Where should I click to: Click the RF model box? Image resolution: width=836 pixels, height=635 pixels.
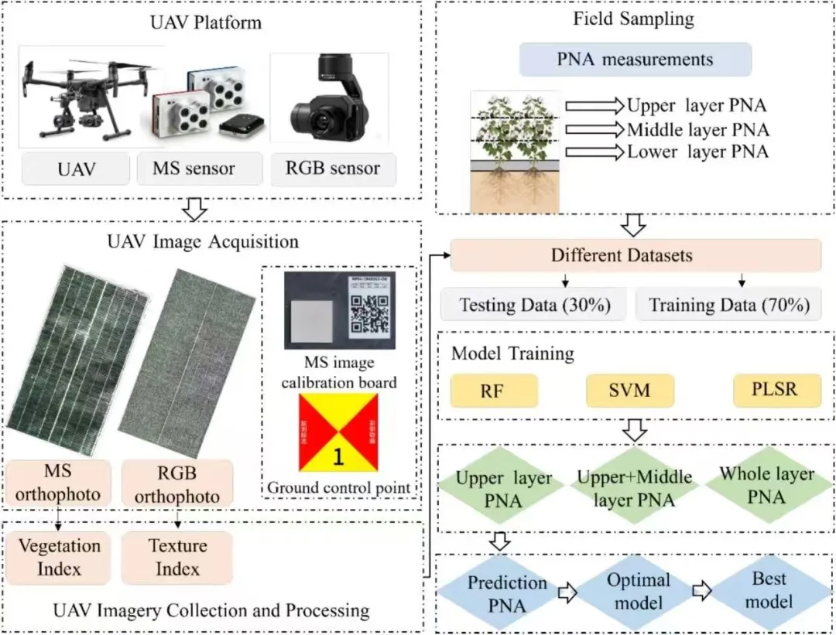click(x=494, y=391)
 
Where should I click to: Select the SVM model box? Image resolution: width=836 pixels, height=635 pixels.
click(x=629, y=391)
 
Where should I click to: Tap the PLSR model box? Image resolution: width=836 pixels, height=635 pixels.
click(x=776, y=391)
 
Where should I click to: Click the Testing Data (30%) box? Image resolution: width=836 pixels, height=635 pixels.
click(x=531, y=305)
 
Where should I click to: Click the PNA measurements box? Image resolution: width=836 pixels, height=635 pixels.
click(x=635, y=60)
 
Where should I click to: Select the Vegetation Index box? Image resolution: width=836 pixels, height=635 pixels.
click(x=60, y=557)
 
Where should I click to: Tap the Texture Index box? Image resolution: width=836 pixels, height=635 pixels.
click(x=177, y=557)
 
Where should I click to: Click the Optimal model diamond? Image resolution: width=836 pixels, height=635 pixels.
click(x=639, y=592)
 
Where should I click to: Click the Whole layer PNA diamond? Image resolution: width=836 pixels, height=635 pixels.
click(x=766, y=485)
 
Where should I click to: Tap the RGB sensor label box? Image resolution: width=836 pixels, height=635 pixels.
click(x=333, y=169)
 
